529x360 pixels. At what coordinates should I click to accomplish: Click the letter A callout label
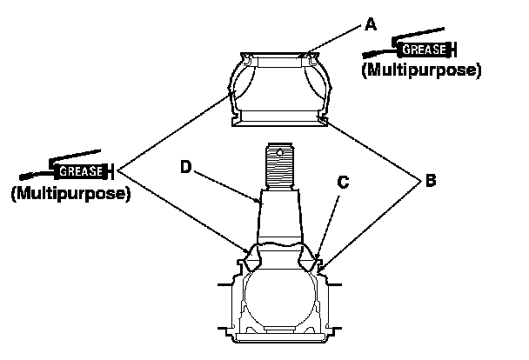click(x=370, y=25)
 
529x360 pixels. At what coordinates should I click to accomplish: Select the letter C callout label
click(x=343, y=183)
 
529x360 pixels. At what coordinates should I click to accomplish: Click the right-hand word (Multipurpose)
click(x=420, y=70)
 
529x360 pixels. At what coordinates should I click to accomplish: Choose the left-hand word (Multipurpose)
click(x=70, y=193)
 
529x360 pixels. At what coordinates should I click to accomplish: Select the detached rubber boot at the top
click(x=278, y=87)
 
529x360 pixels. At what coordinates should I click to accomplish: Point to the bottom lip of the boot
click(x=278, y=119)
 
